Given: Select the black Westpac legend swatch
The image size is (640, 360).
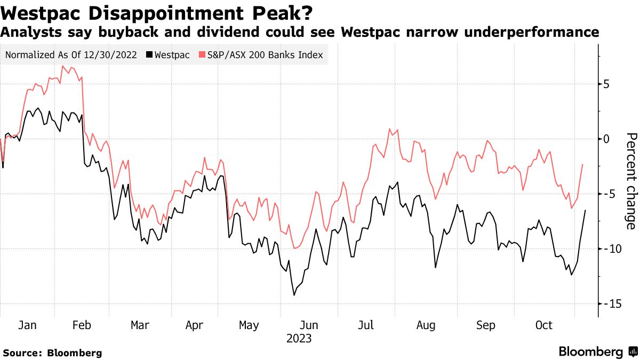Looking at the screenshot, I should (149, 55).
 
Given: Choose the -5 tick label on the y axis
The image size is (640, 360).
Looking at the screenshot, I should (607, 194).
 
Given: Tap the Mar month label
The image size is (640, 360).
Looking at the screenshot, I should (140, 325).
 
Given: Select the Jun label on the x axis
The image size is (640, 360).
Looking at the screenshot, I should (309, 325).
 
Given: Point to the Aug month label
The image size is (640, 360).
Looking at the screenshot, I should (426, 325).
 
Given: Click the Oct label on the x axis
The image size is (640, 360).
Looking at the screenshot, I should (543, 325).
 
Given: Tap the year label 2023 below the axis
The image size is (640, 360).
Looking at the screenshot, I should (299, 339).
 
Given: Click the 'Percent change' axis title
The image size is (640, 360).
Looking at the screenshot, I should (631, 181).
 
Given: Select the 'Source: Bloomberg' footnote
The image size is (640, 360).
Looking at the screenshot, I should (52, 353).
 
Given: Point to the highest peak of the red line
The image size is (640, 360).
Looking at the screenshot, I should (62, 66).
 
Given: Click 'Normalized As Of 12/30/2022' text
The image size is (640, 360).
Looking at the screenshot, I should (71, 55).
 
